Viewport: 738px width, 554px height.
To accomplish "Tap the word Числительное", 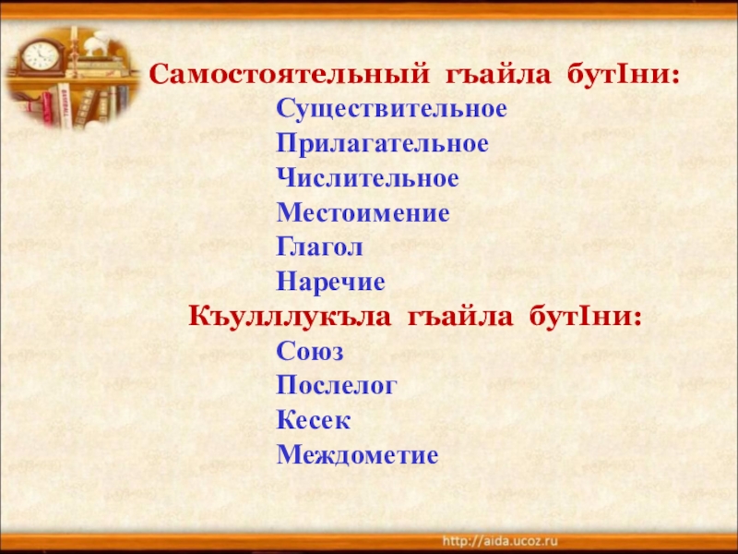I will [x=367, y=179].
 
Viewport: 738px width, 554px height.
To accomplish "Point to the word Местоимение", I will [x=363, y=214].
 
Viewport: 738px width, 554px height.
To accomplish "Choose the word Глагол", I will [x=319, y=248].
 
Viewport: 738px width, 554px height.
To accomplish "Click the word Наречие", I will [x=330, y=283].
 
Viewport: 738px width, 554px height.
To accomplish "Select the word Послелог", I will [x=336, y=386].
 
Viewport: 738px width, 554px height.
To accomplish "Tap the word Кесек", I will [x=314, y=421].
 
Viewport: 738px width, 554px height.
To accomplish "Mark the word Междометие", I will [x=358, y=455].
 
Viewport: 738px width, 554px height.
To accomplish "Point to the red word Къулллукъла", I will [x=279, y=317].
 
